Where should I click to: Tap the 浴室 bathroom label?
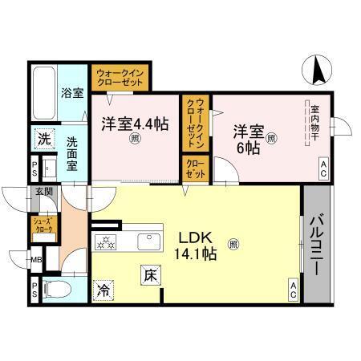click(72, 93)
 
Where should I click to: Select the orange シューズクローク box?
click(43, 225)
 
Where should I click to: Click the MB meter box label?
click(36, 260)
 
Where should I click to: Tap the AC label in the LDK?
click(292, 293)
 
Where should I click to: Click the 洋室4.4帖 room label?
click(134, 125)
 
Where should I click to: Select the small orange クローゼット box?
click(194, 168)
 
